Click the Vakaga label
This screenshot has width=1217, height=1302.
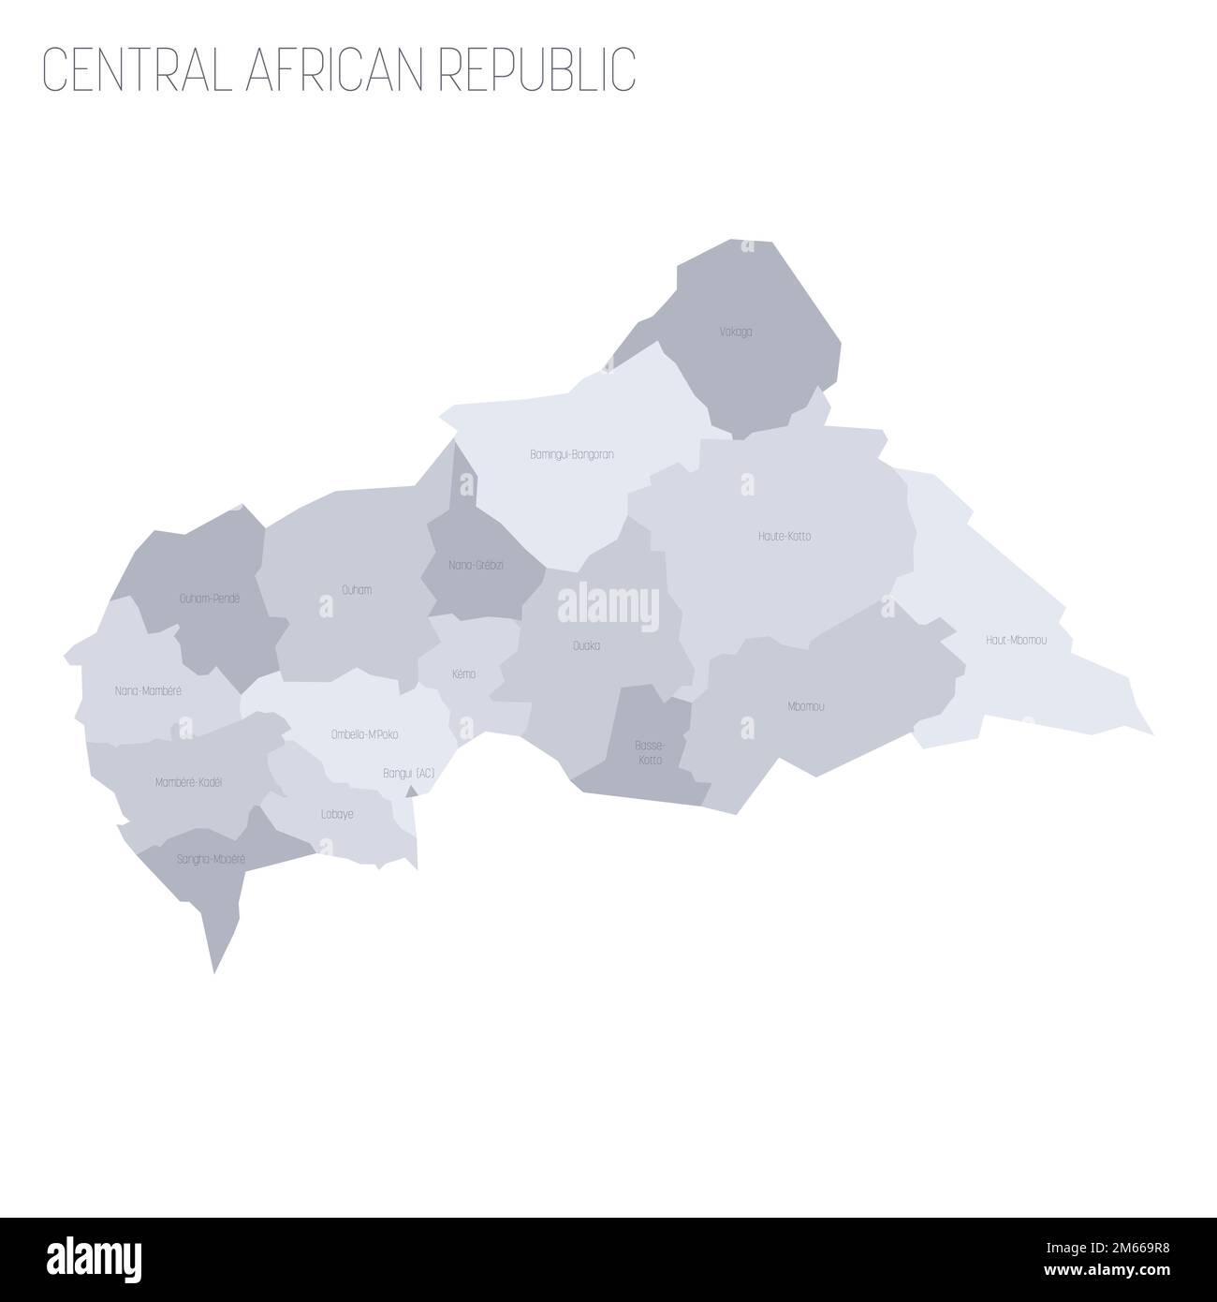[737, 332]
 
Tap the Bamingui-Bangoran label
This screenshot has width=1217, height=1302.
[571, 454]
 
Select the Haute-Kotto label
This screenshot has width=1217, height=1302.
[784, 537]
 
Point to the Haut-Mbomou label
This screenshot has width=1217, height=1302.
[1016, 641]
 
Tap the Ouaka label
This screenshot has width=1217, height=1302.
[586, 645]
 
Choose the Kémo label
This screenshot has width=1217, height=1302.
[462, 673]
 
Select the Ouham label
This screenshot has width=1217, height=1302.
[357, 590]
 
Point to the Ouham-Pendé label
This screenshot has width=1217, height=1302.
[210, 598]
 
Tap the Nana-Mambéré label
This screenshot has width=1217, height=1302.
[148, 690]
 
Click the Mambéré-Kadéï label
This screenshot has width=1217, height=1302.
[188, 781]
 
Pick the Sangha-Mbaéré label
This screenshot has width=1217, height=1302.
[211, 857]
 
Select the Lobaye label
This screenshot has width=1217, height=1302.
[337, 814]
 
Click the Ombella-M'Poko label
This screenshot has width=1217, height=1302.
[364, 734]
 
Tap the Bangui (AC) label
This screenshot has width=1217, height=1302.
[409, 774]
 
